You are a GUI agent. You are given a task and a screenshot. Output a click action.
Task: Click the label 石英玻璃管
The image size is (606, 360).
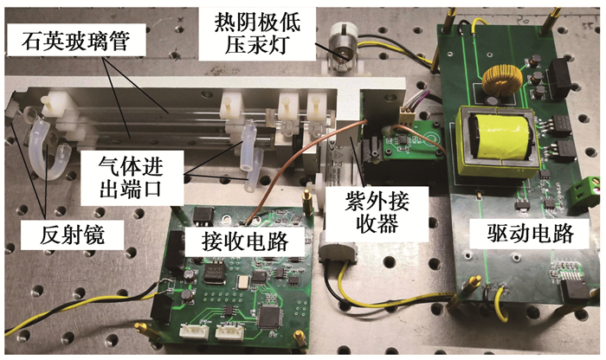coord(75,42)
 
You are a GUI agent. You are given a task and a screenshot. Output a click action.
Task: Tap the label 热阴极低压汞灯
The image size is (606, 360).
coord(257,34)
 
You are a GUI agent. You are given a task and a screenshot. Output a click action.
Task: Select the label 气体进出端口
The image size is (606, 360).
coord(131,178)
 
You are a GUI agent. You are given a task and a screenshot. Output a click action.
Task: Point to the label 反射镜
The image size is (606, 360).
coord(72,235)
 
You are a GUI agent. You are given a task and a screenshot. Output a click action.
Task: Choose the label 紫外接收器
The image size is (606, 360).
coord(377,212)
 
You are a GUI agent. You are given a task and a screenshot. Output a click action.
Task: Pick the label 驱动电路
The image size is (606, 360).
coord(530,233)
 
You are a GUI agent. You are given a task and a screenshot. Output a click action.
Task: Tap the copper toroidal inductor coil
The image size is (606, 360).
coord(502,80)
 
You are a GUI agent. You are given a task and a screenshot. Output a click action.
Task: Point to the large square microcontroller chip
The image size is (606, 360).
coord(270,317)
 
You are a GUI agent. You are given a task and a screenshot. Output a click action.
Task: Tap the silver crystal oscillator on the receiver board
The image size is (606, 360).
coord(245,282)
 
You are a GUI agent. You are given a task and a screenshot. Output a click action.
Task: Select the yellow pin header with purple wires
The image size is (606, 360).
coord(407,115)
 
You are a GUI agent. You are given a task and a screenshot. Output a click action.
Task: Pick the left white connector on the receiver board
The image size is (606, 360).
coord(194,331)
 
